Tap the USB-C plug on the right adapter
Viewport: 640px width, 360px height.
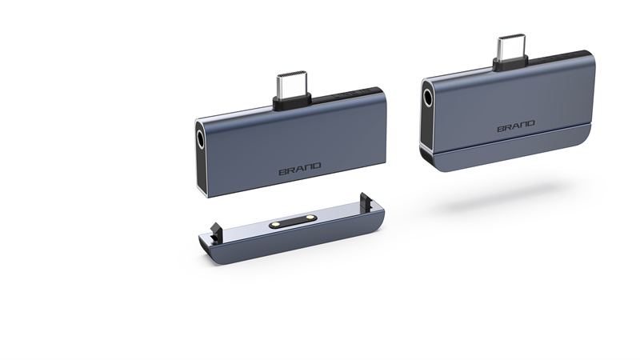tap(511, 47)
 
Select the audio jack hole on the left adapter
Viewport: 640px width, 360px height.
tap(201, 139)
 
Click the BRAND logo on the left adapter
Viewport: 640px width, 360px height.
tap(299, 169)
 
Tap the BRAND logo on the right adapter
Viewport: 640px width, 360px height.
tap(516, 126)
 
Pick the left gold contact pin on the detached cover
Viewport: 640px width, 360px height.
tap(275, 224)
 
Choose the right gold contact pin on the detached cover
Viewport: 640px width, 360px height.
tap(309, 218)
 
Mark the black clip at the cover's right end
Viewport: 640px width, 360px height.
tap(366, 202)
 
